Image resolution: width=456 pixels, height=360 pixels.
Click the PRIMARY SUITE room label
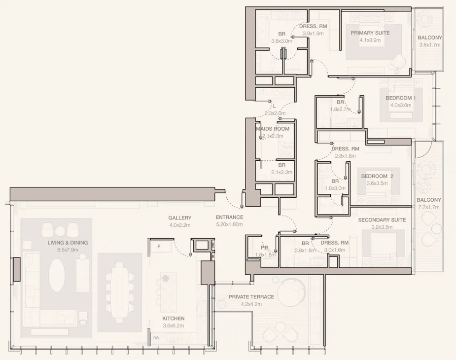[370, 33]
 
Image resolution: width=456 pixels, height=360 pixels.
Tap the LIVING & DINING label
[68, 243]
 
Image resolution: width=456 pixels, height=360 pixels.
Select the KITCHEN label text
[174, 319]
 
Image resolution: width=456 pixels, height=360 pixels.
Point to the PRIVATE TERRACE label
[251, 297]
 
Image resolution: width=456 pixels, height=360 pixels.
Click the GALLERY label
[179, 217]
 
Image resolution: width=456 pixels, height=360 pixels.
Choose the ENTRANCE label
[229, 217]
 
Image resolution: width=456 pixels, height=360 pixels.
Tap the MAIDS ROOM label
[273, 129]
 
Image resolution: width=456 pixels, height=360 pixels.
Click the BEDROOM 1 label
[400, 98]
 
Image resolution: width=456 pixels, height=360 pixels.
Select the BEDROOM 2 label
[377, 176]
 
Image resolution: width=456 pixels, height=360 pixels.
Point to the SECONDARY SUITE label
[382, 220]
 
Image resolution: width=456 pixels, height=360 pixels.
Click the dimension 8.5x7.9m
[68, 250]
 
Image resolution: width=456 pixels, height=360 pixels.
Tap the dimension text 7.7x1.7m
[428, 207]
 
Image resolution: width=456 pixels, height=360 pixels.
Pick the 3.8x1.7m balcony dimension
[429, 45]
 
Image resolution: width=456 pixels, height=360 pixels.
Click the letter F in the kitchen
[159, 246]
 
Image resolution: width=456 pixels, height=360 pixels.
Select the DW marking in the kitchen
[156, 338]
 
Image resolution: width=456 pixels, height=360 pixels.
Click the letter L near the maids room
[274, 106]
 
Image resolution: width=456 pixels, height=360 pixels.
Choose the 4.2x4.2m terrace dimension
[251, 304]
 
